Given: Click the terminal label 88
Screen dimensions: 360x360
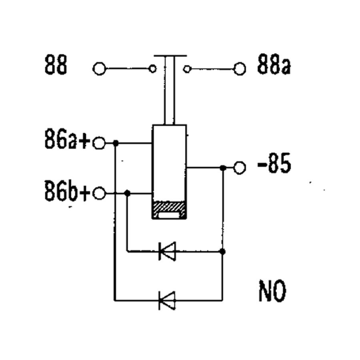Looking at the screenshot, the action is click(x=56, y=64).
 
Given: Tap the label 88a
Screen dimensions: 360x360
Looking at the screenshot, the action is click(x=274, y=64).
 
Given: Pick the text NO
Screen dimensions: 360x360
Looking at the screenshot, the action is click(x=273, y=291).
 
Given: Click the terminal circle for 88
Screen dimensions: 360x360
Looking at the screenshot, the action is click(x=99, y=68).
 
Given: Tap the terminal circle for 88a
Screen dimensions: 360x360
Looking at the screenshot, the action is click(x=240, y=69).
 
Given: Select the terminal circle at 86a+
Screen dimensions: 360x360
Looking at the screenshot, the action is click(x=99, y=143).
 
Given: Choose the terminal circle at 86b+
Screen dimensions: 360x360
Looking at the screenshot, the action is click(x=99, y=193).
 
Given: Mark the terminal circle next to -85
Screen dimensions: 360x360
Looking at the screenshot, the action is click(x=240, y=168).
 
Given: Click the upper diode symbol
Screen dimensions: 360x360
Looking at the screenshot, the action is click(x=167, y=251).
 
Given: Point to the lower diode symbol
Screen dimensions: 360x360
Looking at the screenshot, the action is click(x=167, y=300).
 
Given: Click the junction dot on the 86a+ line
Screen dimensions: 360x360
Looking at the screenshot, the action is click(x=116, y=143).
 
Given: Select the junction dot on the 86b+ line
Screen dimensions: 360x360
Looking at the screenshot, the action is click(x=127, y=193).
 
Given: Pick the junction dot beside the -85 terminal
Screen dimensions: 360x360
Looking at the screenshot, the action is click(x=222, y=168).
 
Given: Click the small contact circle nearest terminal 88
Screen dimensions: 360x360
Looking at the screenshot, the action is click(x=153, y=68).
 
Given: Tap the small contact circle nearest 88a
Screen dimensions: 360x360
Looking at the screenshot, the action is click(x=187, y=69).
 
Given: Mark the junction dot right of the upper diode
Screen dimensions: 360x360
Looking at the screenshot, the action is click(x=222, y=252).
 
